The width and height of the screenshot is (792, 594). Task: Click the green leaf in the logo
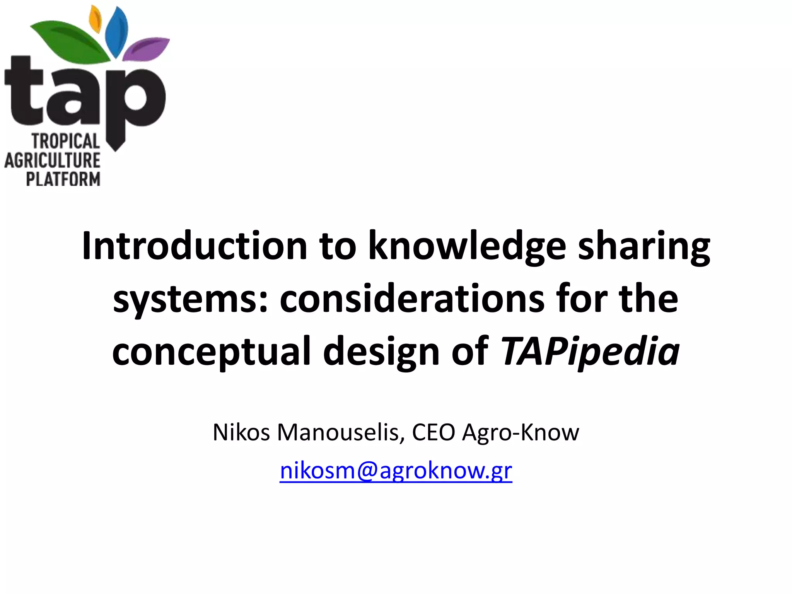click(x=72, y=41)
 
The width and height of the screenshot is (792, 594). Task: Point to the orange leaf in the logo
click(x=95, y=19)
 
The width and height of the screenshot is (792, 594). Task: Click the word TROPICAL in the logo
click(x=66, y=142)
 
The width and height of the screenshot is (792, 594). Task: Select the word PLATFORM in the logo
click(x=63, y=179)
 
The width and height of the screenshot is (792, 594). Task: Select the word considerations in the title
click(x=412, y=299)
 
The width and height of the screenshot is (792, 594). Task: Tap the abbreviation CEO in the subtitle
click(x=434, y=432)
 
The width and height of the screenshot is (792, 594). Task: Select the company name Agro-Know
click(x=521, y=432)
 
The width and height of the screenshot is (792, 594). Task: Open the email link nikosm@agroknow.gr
click(x=396, y=471)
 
